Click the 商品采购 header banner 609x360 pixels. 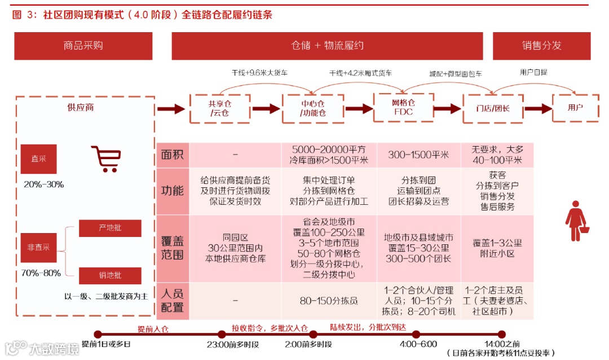click(x=83, y=46)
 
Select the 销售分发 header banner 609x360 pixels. click(x=541, y=46)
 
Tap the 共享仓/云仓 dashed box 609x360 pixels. click(x=220, y=108)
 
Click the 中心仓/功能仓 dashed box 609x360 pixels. click(x=313, y=108)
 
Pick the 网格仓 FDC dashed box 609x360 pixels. click(x=403, y=107)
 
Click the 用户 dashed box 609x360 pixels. click(x=575, y=108)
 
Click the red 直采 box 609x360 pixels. click(x=39, y=159)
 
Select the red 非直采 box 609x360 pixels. click(x=39, y=247)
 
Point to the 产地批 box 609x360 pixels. click(x=110, y=228)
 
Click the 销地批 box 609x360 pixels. click(x=110, y=275)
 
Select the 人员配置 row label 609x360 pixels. click(x=173, y=301)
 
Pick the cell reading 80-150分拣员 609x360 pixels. click(x=329, y=301)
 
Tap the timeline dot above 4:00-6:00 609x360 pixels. click(x=416, y=334)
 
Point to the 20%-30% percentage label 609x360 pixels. click(x=44, y=185)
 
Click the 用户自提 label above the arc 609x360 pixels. click(x=533, y=72)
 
